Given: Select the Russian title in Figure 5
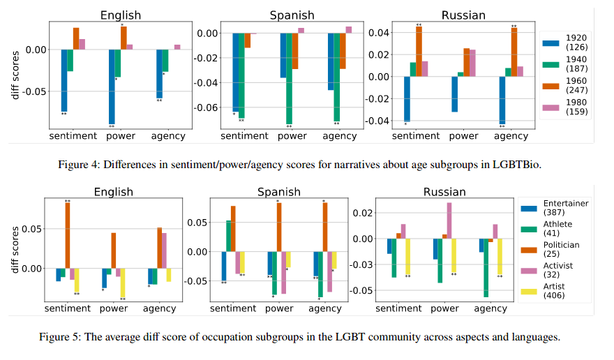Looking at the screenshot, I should (444, 192).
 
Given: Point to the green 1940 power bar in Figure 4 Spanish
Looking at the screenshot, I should (289, 78).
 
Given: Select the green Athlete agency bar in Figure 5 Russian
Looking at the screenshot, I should (486, 268).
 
